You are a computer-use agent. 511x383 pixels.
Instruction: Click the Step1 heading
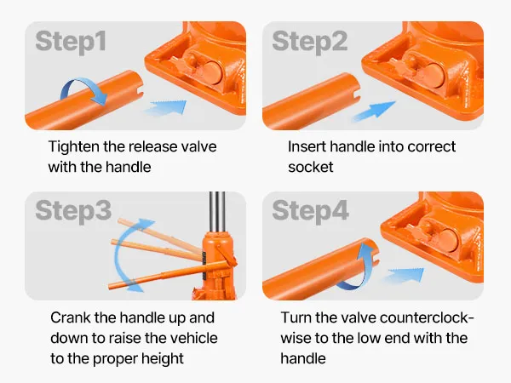[71, 43]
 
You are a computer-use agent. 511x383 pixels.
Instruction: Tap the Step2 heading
[310, 43]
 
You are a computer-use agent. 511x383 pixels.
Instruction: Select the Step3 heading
[73, 212]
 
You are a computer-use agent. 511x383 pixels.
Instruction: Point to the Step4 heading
[310, 212]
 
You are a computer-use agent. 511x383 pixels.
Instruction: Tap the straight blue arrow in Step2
[374, 111]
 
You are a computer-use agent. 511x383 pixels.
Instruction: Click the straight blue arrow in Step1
[165, 107]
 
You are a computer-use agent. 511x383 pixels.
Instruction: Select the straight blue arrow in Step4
[404, 276]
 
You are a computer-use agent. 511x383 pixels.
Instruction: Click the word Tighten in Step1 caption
[73, 147]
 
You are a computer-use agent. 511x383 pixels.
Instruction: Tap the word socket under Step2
[311, 168]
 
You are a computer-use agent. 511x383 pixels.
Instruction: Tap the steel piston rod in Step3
[217, 212]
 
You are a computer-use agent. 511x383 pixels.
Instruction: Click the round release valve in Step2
[433, 74]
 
